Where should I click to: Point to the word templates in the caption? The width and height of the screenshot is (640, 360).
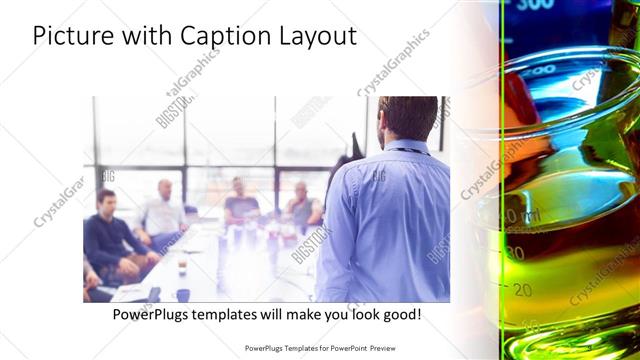[242, 314]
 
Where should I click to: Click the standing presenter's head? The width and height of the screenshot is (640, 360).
[408, 118]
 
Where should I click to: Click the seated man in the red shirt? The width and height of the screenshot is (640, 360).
[302, 205]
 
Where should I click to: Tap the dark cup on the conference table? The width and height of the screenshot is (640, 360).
[182, 294]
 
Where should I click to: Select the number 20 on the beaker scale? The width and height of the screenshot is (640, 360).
[522, 290]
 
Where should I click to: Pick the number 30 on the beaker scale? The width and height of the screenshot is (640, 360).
[516, 254]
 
